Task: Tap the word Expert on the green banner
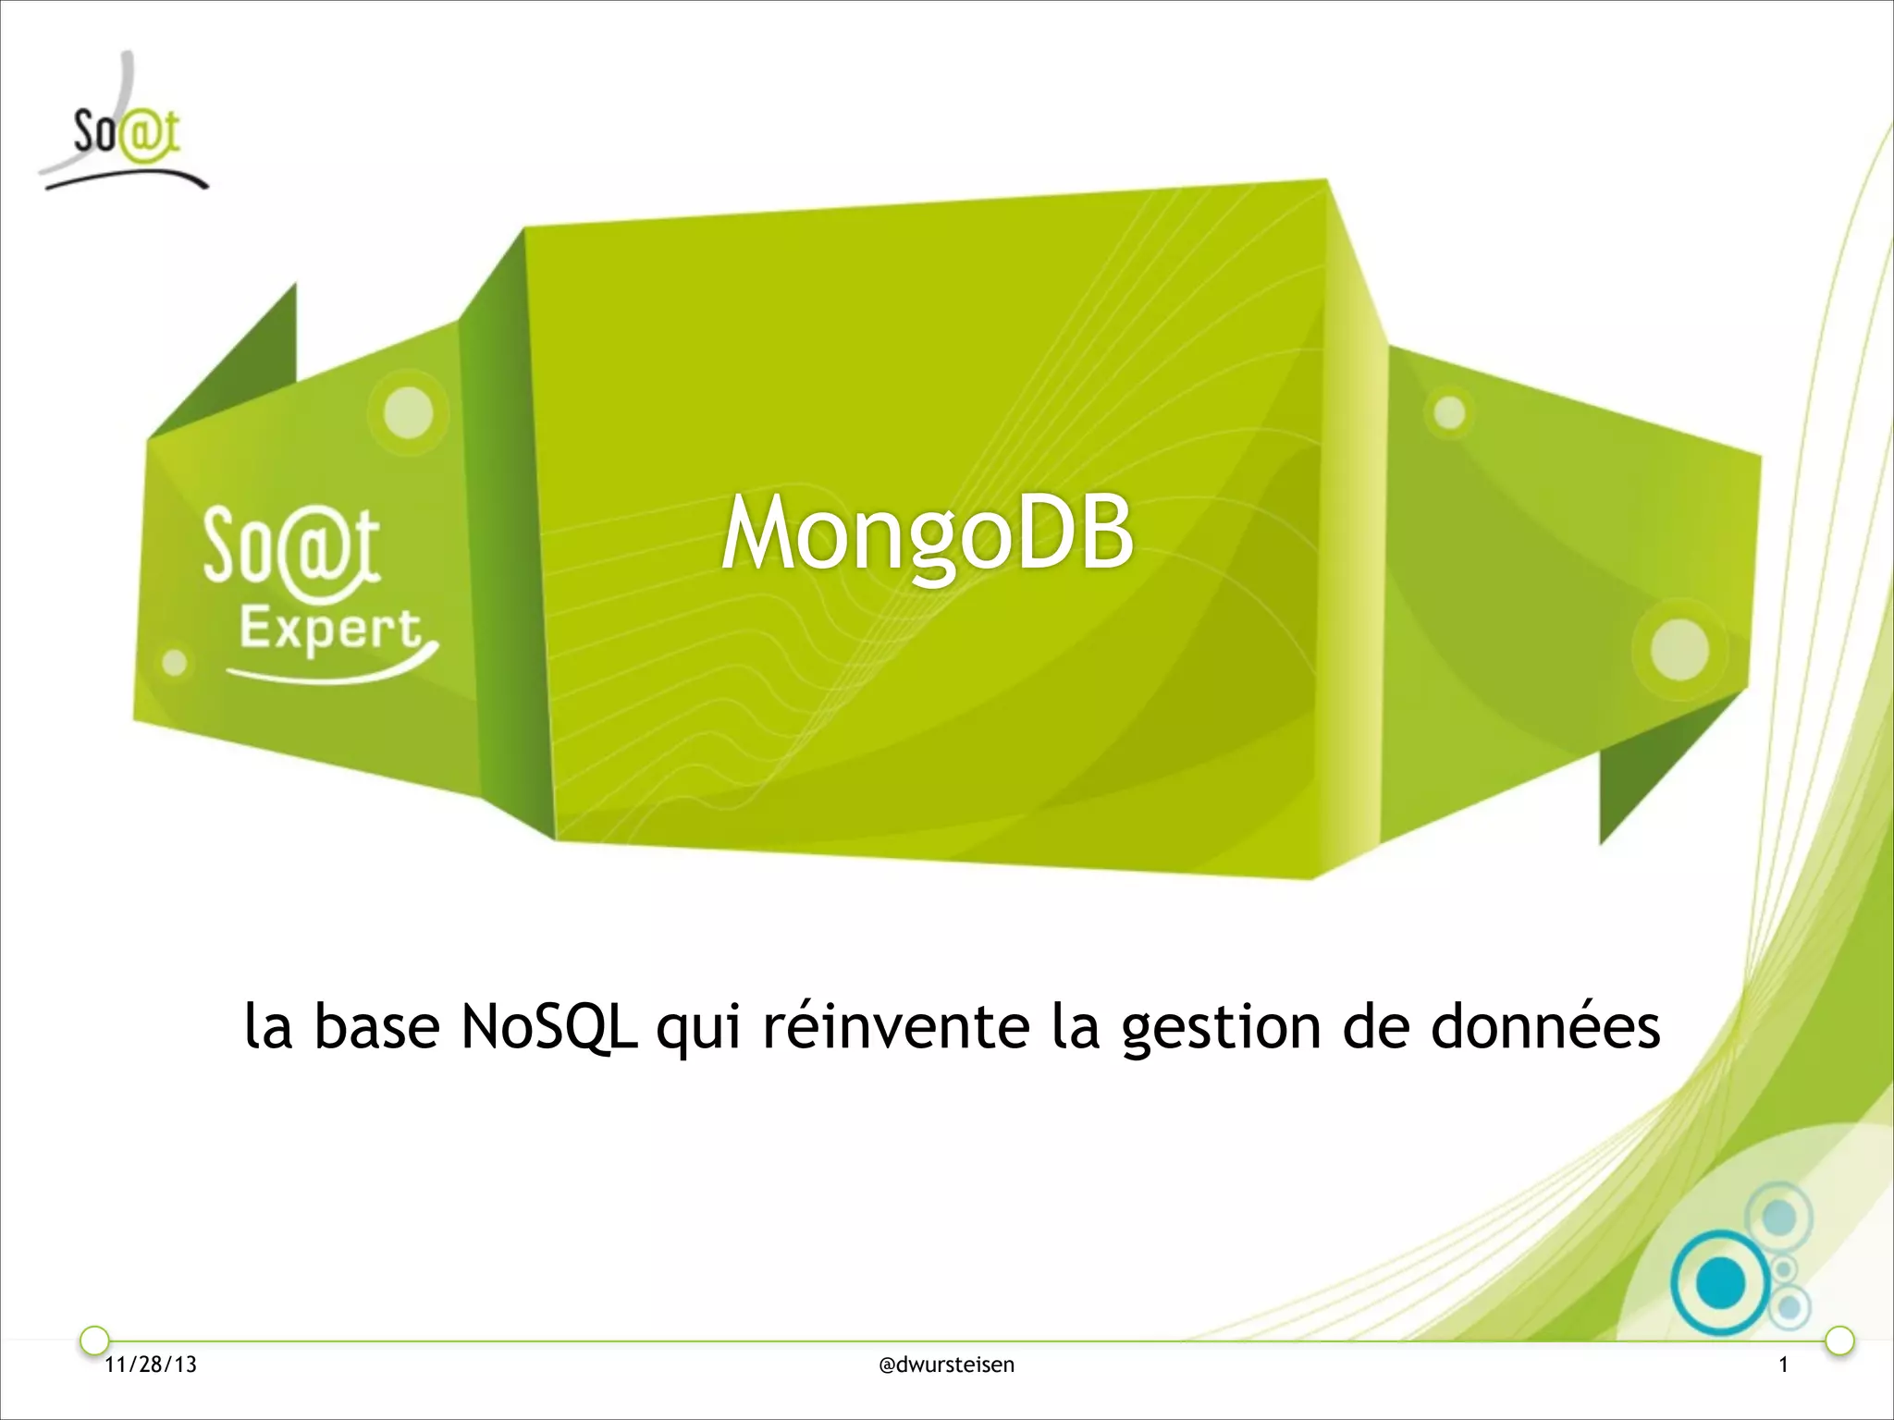click(x=330, y=631)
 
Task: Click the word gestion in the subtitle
click(x=1221, y=1028)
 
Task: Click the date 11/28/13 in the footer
click(x=151, y=1365)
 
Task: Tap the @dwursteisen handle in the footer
click(x=946, y=1365)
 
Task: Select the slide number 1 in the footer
click(x=1784, y=1365)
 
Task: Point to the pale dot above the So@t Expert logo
click(x=409, y=411)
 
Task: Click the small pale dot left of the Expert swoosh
click(x=175, y=662)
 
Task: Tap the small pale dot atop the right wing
click(x=1449, y=412)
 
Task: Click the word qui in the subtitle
click(x=698, y=1028)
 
